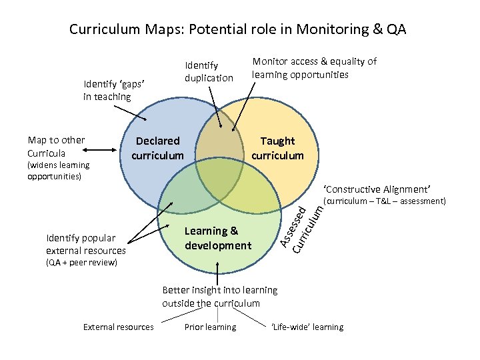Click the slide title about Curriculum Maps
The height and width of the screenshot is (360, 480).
[x=237, y=30]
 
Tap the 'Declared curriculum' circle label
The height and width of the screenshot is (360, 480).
[x=157, y=148]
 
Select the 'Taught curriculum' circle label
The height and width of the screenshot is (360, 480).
[x=277, y=148]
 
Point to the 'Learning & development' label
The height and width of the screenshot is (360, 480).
[x=218, y=238]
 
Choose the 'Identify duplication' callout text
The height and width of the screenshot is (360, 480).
[x=209, y=71]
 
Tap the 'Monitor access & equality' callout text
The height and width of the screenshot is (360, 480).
[x=313, y=68]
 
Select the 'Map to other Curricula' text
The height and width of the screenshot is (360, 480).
[x=57, y=147]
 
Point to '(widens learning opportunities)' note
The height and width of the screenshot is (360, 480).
[x=58, y=171]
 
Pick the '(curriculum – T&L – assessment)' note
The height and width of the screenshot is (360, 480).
[x=383, y=201]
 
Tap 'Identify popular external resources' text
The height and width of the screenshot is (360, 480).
[x=85, y=244]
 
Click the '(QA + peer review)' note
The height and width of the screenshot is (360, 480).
[x=81, y=263]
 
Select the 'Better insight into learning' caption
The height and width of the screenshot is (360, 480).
[x=220, y=297]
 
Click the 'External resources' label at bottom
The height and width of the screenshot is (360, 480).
[x=118, y=327]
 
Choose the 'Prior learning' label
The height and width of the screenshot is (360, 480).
[x=210, y=327]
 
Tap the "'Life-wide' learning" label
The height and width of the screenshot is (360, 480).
[x=307, y=327]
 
